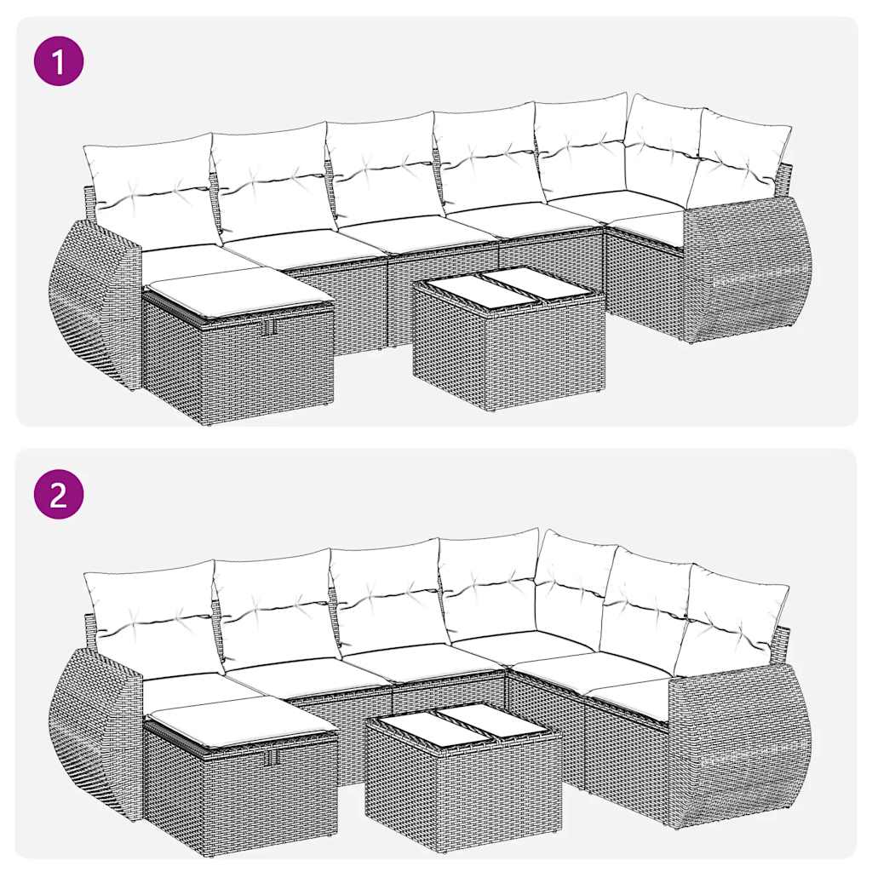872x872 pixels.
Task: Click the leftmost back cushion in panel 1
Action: point(149,189)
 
